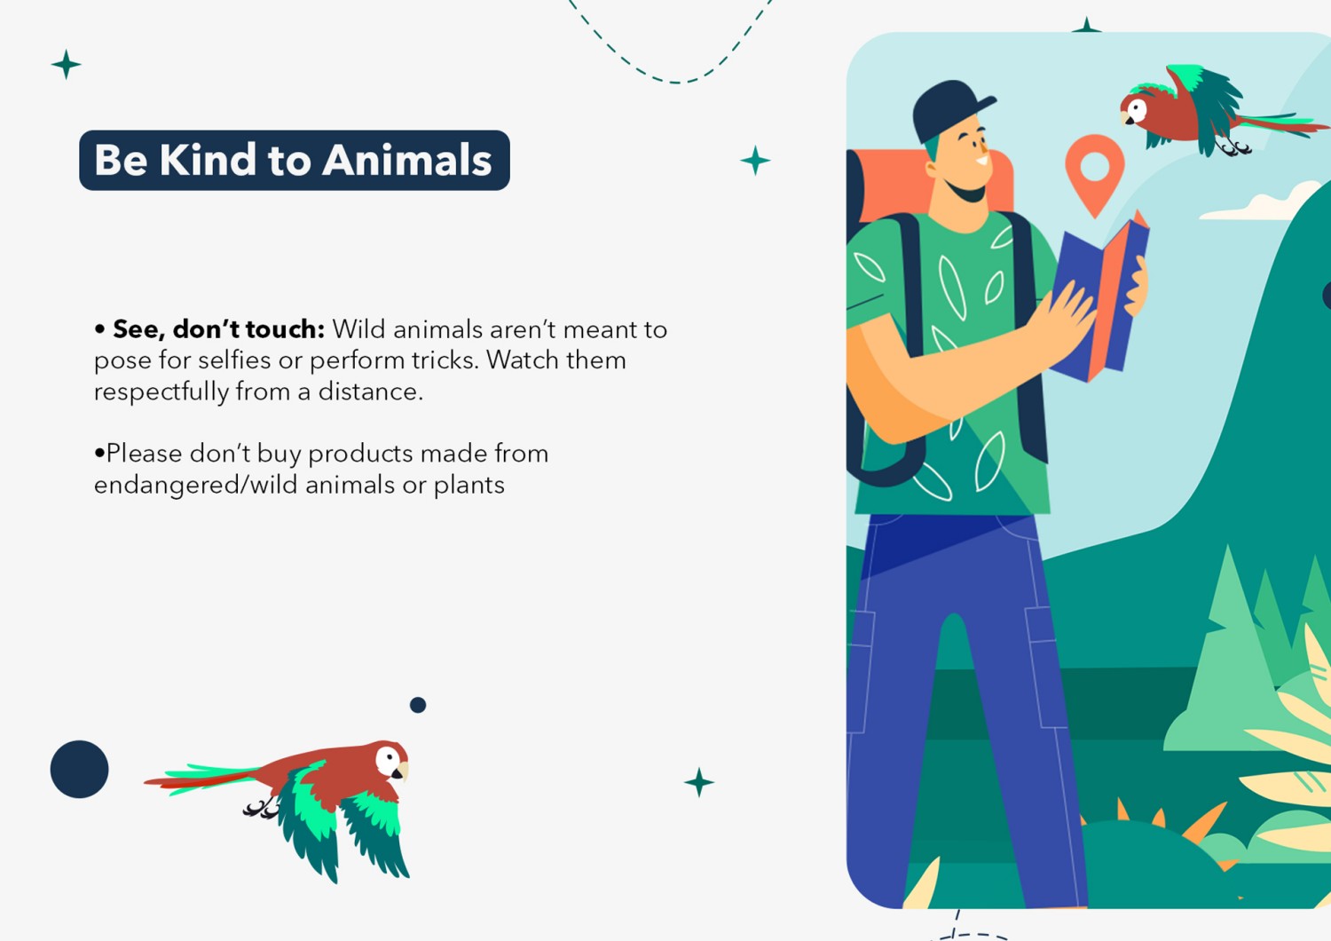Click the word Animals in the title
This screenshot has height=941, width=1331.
pos(407,160)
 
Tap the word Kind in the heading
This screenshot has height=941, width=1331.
pos(208,160)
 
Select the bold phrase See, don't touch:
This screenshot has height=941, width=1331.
pos(218,329)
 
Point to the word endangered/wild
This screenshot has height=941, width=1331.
pos(195,486)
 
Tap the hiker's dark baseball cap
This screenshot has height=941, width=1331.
pos(948,110)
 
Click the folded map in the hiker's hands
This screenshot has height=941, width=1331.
pos(1100,297)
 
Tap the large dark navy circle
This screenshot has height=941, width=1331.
pos(79,769)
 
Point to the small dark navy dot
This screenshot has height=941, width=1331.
pos(418,705)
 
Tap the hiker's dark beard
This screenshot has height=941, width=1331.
pos(966,192)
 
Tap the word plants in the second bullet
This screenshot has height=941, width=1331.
pos(469,486)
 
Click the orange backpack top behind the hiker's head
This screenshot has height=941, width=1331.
pos(891,185)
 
